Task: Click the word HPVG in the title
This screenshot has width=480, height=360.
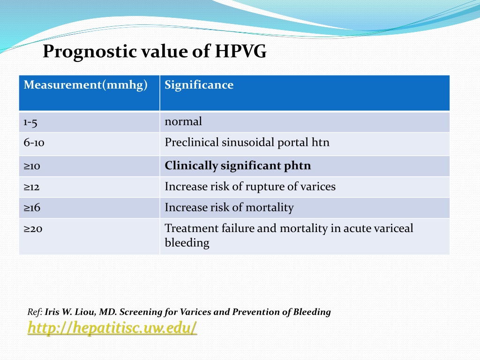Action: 240,51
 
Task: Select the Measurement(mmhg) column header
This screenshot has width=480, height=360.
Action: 85,85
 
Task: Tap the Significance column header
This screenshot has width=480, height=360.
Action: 199,85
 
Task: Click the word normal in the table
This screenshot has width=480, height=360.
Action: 183,121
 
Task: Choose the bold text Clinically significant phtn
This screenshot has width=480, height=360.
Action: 238,165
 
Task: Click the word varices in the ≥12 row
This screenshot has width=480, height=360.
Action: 318,187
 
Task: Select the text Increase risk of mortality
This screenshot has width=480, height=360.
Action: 229,208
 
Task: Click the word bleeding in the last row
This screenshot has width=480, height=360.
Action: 187,243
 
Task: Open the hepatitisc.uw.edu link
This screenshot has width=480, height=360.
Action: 112,328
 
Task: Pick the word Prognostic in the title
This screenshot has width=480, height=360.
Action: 90,52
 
